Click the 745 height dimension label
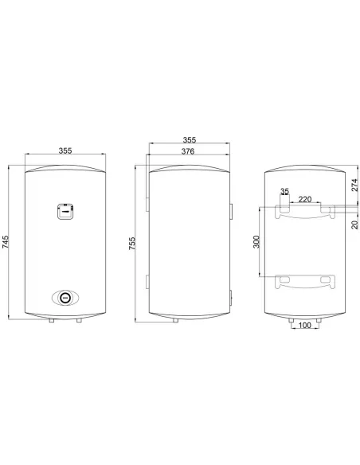6,242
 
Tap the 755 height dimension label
132,243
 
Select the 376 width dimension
188,151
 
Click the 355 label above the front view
65,150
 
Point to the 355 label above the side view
190,139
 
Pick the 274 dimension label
354,185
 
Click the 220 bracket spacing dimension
305,199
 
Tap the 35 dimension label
284,191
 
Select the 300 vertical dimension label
256,242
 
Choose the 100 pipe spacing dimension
304,326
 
